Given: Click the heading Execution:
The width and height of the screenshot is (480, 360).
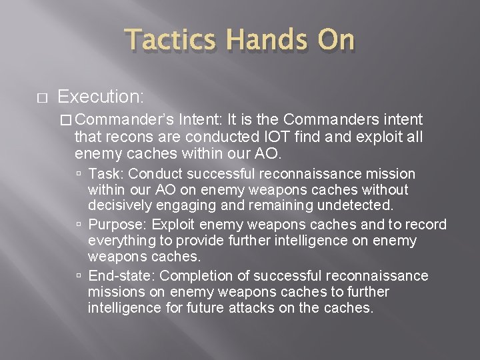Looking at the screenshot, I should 101,97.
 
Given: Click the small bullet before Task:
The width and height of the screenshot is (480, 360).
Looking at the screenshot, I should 79,175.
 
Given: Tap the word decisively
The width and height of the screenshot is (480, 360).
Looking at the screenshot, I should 119,207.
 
